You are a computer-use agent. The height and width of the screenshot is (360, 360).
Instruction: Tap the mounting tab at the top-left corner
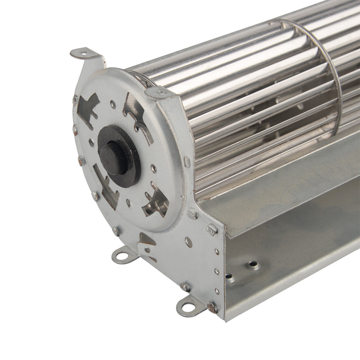click(84, 54)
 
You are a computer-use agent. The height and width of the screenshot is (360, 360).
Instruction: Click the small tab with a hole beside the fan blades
click(160, 93)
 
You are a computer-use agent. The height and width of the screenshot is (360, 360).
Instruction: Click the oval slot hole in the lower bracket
click(188, 242)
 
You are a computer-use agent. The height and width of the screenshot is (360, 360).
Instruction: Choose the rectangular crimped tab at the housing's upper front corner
click(212, 229)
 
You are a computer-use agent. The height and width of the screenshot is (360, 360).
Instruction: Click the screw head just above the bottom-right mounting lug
click(185, 287)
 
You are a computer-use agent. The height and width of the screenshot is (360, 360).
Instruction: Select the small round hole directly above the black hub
click(113, 105)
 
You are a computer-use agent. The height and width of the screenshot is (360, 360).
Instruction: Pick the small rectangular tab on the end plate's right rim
click(187, 162)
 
